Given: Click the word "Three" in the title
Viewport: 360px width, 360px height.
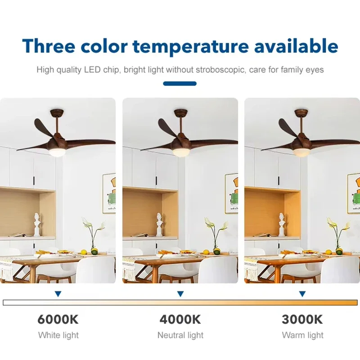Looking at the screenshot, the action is (x=49, y=46).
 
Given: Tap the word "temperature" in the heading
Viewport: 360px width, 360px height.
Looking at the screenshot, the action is (x=191, y=47).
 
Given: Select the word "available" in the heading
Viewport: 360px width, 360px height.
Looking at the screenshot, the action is (x=296, y=46).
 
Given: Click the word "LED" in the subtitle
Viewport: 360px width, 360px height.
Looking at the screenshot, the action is (x=92, y=70).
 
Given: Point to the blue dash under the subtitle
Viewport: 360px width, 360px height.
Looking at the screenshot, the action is (x=180, y=84).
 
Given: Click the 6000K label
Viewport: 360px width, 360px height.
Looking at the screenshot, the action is (x=58, y=319).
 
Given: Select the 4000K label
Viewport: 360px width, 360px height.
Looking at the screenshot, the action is (x=180, y=319).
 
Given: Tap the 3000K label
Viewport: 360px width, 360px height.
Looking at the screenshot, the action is (x=302, y=319).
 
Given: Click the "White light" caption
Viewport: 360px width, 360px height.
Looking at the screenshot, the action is (x=58, y=335).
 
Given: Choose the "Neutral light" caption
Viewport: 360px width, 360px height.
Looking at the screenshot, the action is (x=180, y=335).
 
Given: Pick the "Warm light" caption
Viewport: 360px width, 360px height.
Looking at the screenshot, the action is (x=302, y=335).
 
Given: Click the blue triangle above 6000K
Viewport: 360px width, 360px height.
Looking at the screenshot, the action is (x=58, y=294).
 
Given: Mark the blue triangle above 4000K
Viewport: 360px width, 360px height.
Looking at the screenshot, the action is (x=180, y=294).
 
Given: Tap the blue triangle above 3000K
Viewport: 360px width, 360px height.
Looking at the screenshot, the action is (x=302, y=294).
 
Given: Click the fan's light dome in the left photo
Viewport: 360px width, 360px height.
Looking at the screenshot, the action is (x=57, y=153).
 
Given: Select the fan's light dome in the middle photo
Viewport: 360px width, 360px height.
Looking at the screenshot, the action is (x=180, y=153).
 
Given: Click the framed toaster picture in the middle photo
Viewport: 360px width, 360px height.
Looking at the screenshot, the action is (x=231, y=193).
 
